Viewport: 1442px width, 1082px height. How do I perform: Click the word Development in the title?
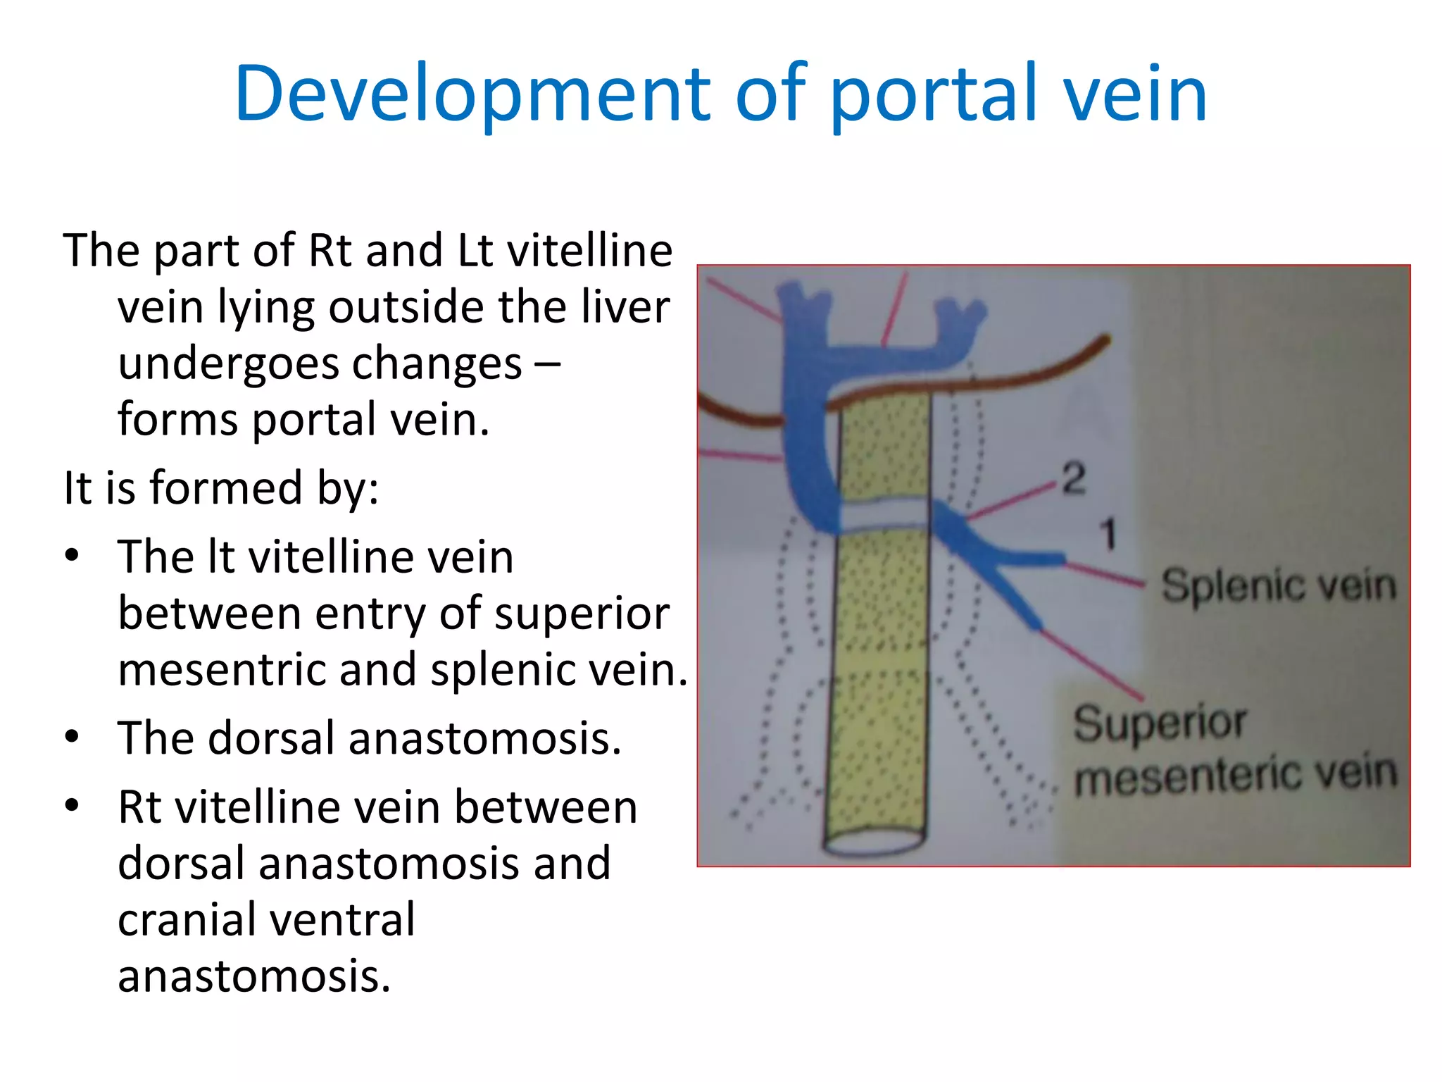click(x=472, y=95)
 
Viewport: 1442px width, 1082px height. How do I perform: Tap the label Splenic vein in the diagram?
click(x=1278, y=586)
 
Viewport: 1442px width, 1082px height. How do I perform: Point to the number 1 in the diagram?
click(x=1108, y=533)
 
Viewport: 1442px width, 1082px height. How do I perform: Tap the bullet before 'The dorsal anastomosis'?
click(x=72, y=737)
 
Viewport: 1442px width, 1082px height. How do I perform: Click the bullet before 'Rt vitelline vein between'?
click(x=72, y=804)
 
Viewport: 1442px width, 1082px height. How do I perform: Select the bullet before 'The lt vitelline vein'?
click(x=72, y=555)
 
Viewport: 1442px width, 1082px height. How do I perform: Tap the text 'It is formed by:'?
click(x=221, y=487)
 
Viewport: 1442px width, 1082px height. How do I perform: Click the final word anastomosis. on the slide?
click(x=253, y=976)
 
